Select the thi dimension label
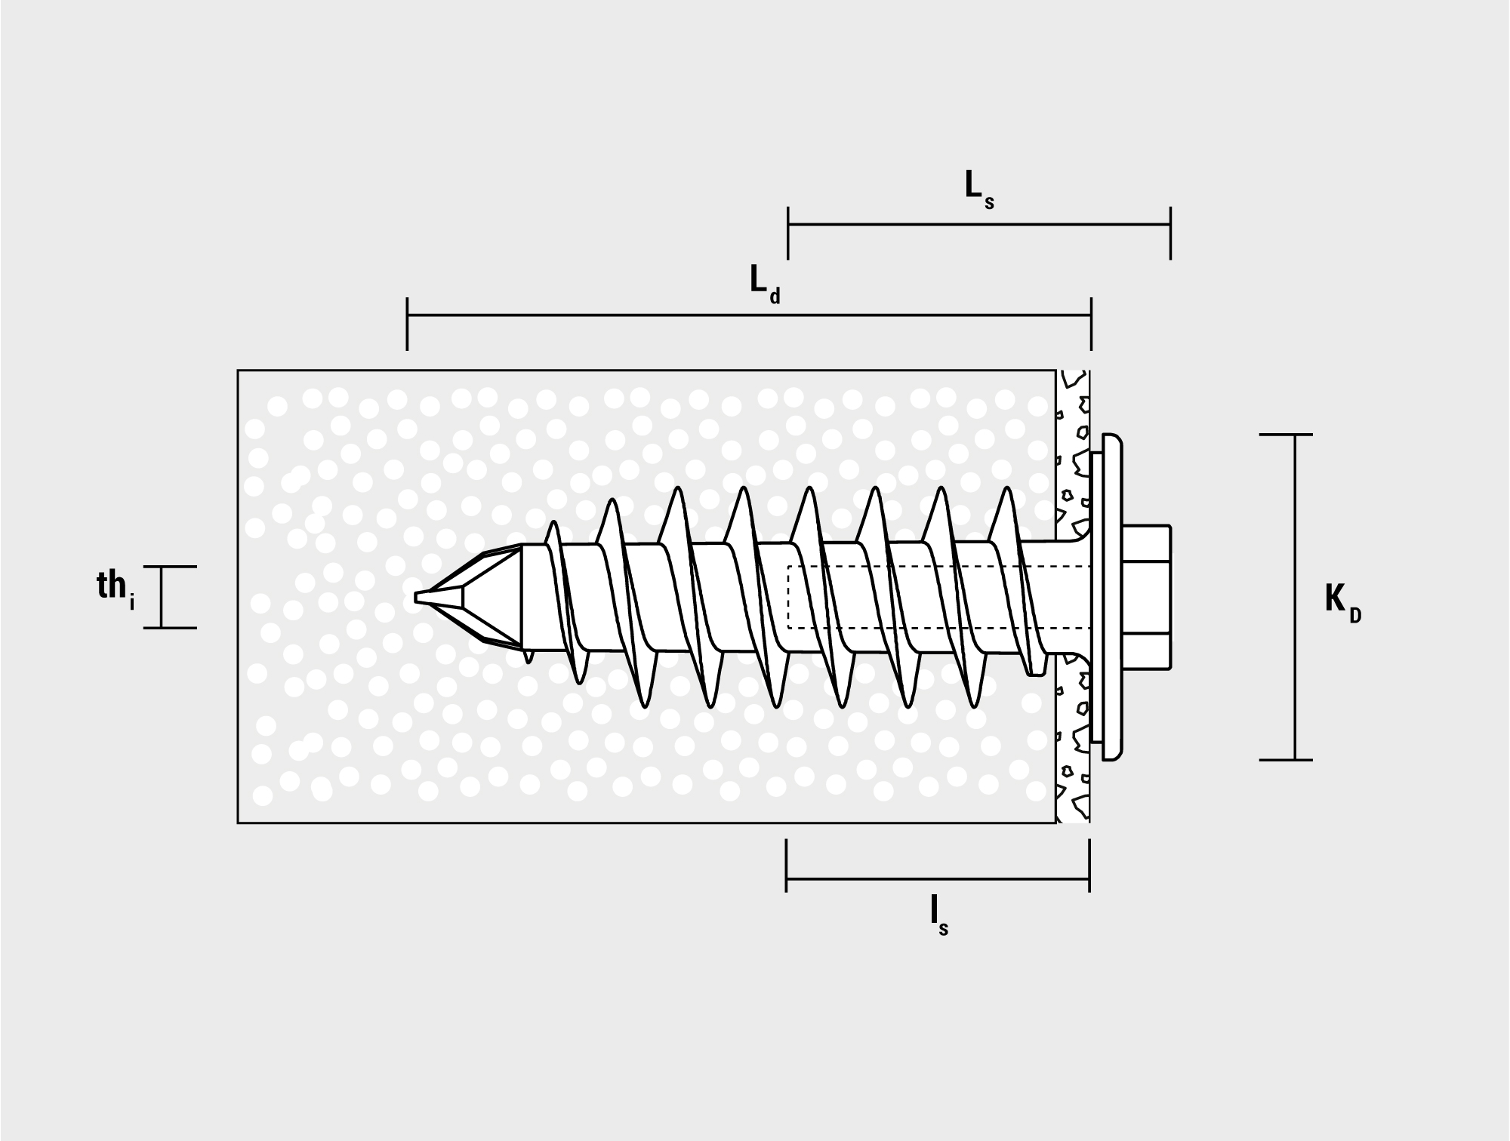click(116, 589)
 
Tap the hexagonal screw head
click(1147, 597)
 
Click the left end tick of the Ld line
click(408, 324)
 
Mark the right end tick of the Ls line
click(1170, 233)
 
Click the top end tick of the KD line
click(1286, 435)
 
